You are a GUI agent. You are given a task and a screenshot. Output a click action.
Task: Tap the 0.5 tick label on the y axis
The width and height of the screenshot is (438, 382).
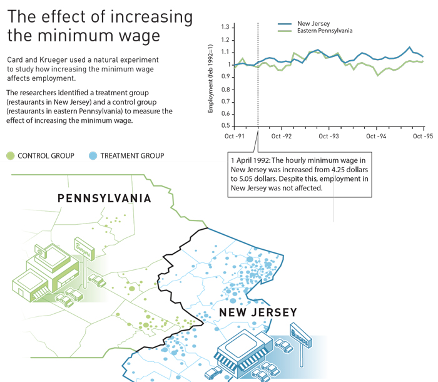(225, 126)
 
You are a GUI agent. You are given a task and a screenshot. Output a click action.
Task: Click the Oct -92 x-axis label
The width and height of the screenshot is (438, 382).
(282, 136)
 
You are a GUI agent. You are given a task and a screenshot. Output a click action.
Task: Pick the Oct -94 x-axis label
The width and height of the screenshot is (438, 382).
(376, 136)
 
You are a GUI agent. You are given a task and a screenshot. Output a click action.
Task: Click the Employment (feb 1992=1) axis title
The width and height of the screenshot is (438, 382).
(210, 78)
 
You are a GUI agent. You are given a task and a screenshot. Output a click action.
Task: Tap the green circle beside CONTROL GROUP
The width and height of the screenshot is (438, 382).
(11, 156)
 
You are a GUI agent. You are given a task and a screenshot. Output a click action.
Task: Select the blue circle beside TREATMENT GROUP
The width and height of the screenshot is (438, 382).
(93, 156)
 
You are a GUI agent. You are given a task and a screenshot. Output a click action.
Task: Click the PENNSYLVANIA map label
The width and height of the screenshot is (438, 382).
(104, 199)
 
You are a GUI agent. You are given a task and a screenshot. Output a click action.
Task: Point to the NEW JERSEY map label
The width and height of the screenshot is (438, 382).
(258, 312)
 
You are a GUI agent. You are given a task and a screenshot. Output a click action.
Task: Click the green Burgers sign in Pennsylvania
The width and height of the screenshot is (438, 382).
(84, 249)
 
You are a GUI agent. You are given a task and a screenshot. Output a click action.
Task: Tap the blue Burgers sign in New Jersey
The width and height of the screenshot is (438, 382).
(300, 335)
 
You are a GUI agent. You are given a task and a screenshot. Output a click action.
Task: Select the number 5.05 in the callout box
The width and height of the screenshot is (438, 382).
(246, 179)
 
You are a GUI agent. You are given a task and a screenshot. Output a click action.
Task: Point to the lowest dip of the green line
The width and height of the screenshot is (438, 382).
(378, 75)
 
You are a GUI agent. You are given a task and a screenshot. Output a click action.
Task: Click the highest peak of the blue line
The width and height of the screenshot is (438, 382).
(409, 47)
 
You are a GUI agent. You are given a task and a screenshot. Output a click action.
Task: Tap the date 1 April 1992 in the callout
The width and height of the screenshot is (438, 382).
(250, 160)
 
